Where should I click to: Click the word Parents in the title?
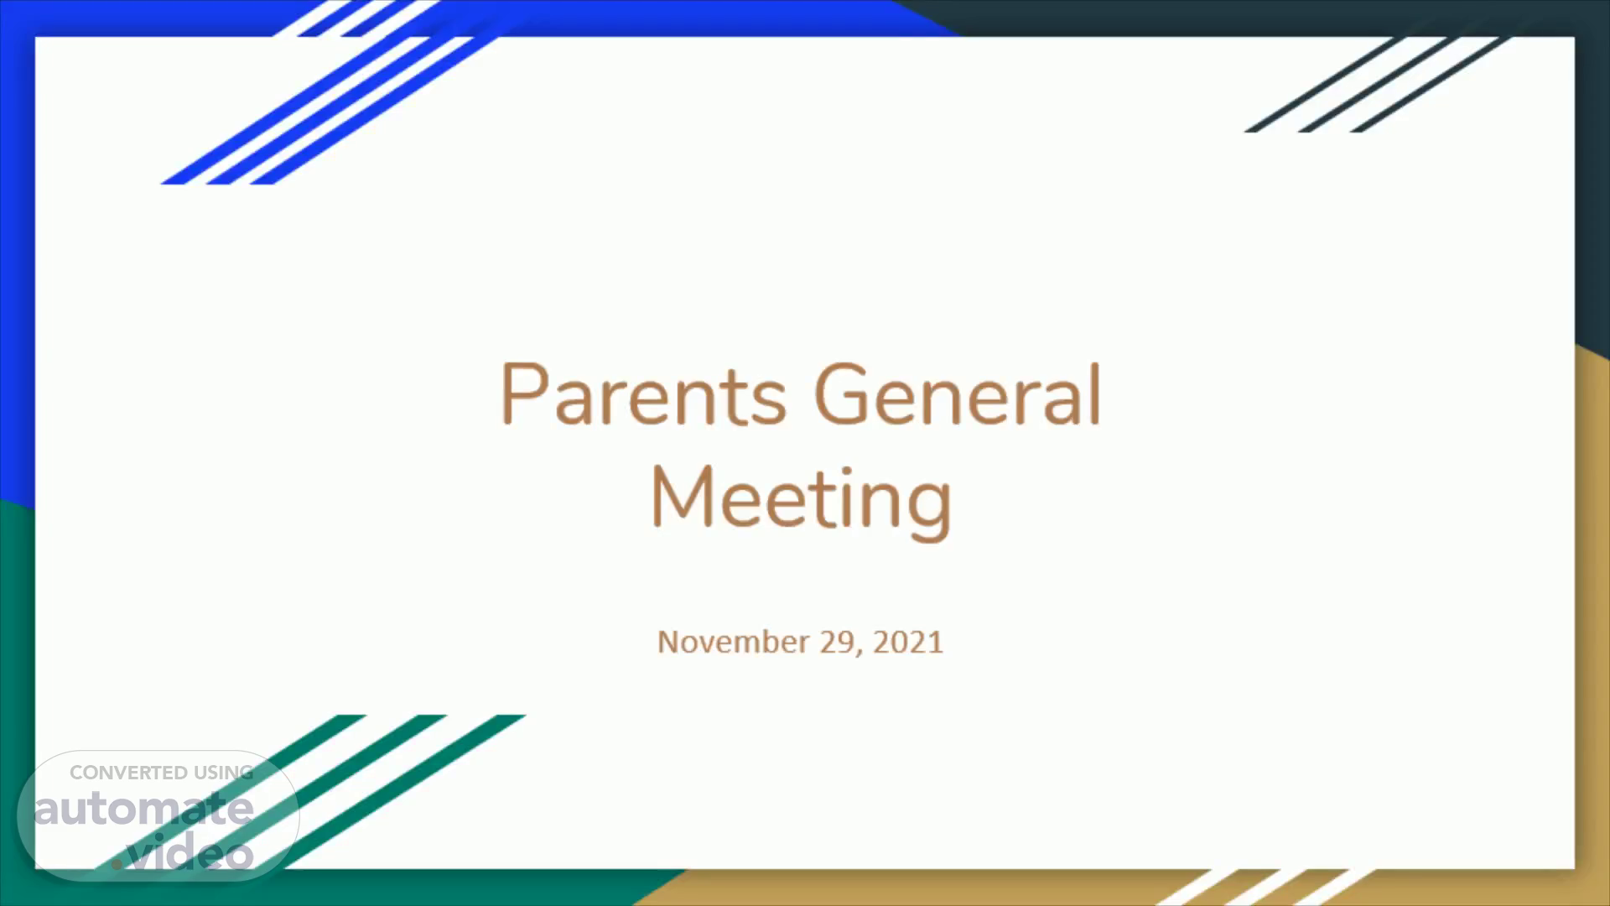643,393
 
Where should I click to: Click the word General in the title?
958,393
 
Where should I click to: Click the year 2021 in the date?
908,642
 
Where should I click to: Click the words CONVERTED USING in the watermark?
161,773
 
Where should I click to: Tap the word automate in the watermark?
143,809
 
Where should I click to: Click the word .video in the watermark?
183,851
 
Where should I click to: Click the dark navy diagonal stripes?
1375,84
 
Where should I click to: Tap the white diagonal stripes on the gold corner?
1266,887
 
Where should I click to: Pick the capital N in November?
667,642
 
